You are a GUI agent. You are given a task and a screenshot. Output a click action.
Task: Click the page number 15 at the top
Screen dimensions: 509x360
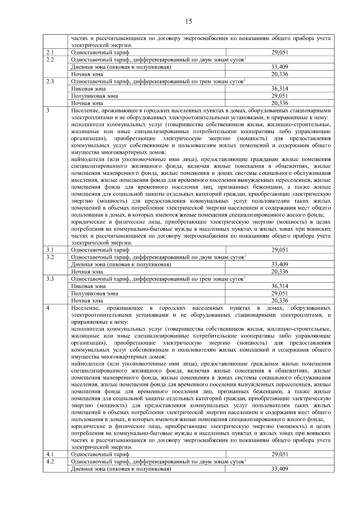189,21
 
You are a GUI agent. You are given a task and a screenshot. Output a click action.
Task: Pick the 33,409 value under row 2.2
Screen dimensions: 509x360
280,67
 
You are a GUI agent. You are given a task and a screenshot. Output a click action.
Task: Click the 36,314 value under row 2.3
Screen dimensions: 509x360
280,89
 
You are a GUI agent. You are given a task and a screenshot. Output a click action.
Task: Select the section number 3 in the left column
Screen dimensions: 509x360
48,110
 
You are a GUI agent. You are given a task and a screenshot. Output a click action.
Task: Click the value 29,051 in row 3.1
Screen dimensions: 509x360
280,250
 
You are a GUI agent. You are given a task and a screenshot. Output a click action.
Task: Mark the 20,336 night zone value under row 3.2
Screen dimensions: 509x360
280,272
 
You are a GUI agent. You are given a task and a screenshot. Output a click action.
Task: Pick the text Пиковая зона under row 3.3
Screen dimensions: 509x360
88,286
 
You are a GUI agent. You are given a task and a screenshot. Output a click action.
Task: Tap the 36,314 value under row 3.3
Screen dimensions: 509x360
280,286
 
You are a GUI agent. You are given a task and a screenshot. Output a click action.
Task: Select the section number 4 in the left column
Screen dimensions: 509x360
48,308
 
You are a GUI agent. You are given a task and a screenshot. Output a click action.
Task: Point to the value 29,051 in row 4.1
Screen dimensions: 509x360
280,454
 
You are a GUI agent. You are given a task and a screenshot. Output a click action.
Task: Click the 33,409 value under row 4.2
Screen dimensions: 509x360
280,469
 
